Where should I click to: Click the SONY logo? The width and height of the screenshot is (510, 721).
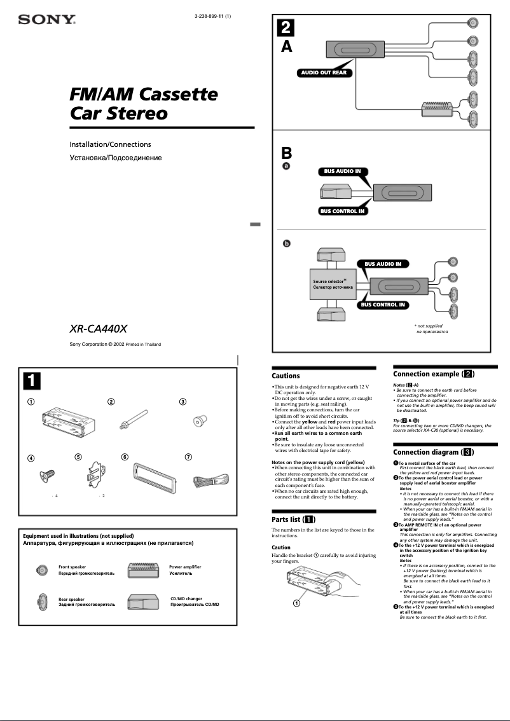(46, 20)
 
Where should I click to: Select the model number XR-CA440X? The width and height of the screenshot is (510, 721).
(99, 329)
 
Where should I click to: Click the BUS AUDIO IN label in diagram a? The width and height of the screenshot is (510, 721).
(342, 171)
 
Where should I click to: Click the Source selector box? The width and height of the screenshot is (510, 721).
(329, 284)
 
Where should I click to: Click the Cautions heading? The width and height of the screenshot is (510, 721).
(286, 376)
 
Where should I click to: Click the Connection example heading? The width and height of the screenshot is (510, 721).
(434, 374)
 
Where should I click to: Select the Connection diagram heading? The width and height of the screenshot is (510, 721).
(434, 452)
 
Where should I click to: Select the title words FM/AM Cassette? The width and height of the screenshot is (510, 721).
(143, 95)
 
